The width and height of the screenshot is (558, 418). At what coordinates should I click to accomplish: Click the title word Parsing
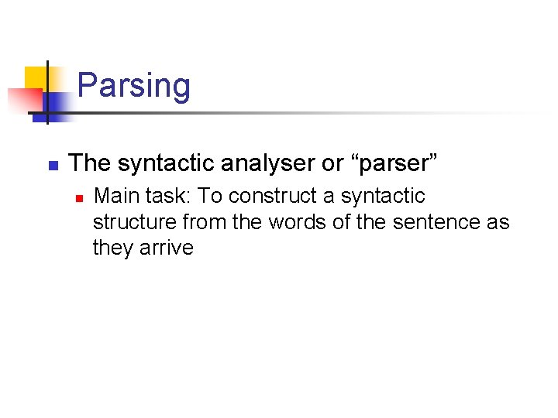(133, 85)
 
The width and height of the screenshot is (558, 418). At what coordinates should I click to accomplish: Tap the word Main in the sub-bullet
(114, 197)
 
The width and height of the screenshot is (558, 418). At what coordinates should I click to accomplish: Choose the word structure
(135, 222)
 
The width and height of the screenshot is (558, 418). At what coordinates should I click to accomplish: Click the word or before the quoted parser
(330, 164)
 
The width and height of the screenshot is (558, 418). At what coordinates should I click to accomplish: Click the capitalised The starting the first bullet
(89, 164)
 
